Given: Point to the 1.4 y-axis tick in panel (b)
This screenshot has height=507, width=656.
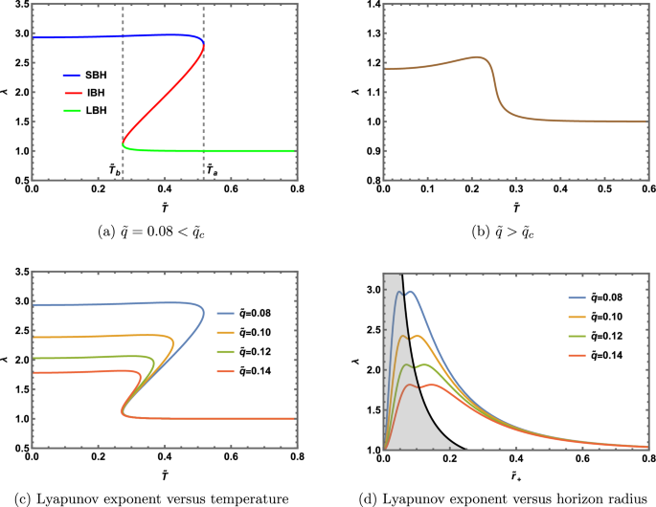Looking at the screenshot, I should coord(369,6).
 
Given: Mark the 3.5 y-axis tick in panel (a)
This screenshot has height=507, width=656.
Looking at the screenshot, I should coord(17,6).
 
